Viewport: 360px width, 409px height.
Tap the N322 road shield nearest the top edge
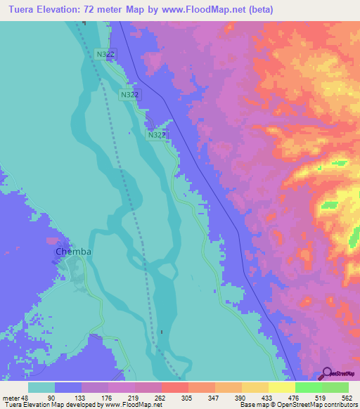coord(105,53)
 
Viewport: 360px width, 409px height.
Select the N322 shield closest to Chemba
coord(156,134)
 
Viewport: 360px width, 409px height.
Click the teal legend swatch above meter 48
coord(41,387)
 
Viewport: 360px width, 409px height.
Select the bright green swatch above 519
coord(308,387)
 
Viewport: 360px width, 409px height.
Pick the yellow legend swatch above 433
coord(255,387)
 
